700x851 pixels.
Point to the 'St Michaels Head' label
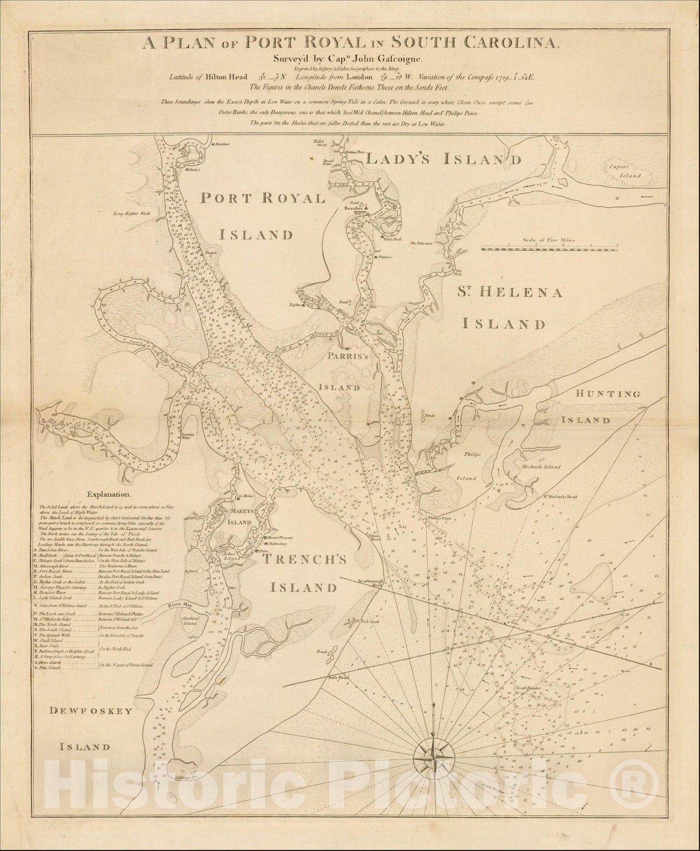point(560,497)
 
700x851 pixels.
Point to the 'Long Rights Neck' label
point(132,214)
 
